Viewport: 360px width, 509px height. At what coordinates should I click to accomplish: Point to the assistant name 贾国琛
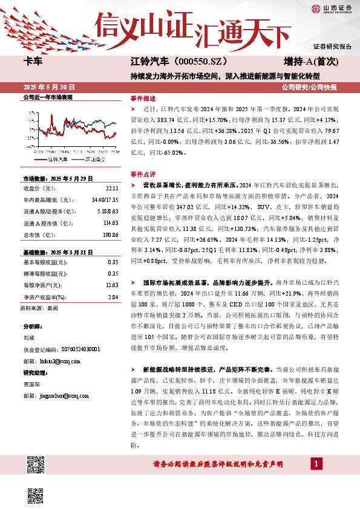pyautogui.click(x=31, y=383)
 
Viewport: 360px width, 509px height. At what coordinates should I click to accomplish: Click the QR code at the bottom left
pyautogui.click(x=37, y=466)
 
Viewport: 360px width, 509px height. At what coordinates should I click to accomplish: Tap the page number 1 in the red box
pyautogui.click(x=316, y=464)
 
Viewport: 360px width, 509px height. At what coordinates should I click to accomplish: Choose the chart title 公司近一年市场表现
pyautogui.click(x=47, y=97)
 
